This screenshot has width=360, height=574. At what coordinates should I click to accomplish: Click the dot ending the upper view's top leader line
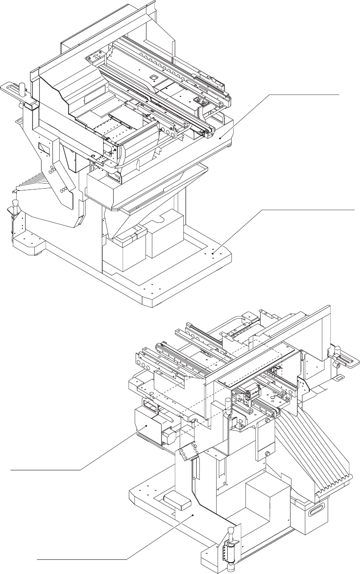pyautogui.click(x=220, y=137)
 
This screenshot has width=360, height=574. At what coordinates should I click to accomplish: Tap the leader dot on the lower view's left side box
pyautogui.click(x=146, y=425)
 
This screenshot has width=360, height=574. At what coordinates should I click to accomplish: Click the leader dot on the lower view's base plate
pyautogui.click(x=194, y=515)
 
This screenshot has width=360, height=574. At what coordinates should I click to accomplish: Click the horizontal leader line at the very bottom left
pyautogui.click(x=82, y=558)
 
